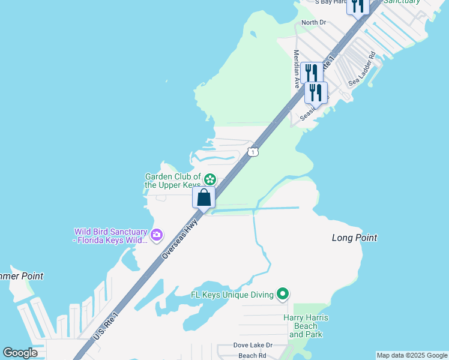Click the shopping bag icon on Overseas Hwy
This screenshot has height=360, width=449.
[x=204, y=197]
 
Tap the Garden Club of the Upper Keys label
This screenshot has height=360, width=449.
[x=172, y=181]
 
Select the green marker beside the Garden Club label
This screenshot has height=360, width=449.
[x=209, y=179]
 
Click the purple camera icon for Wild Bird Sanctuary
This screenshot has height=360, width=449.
[x=157, y=235]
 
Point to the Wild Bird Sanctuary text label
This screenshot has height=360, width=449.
[x=110, y=236]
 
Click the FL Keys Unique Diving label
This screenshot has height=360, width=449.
[x=232, y=295]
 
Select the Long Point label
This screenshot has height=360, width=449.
[x=354, y=238]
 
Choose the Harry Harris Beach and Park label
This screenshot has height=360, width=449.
[x=306, y=326]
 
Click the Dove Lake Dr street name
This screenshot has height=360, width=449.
[x=253, y=346]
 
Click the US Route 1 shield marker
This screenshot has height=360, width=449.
[x=254, y=152]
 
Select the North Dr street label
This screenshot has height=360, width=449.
[x=313, y=23]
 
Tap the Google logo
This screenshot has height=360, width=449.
[x=20, y=353]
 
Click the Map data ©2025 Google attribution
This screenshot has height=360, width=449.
[x=412, y=355]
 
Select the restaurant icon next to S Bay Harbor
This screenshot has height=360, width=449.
[x=358, y=5]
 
